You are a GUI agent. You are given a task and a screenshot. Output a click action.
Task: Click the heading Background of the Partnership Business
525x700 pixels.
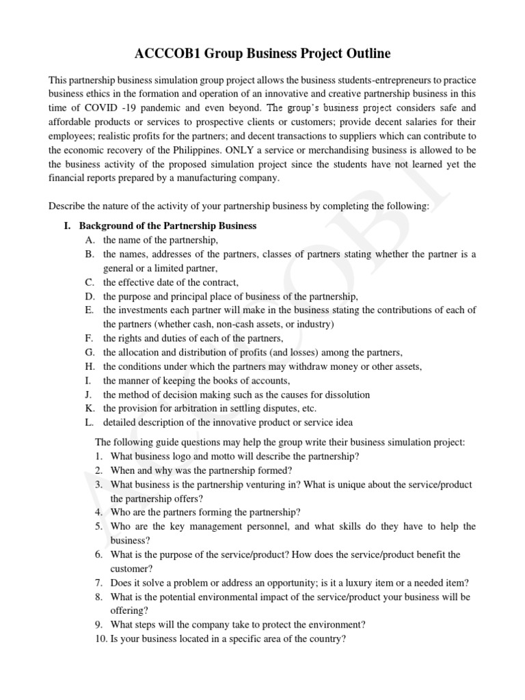pos(167,226)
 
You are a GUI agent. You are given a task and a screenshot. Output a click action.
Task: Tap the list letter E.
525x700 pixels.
pos(89,310)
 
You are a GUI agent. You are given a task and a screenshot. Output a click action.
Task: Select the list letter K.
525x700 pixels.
pos(89,408)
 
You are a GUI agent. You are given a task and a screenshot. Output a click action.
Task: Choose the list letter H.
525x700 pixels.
pos(89,366)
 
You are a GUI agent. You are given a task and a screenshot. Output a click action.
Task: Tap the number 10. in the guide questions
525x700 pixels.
pos(101,639)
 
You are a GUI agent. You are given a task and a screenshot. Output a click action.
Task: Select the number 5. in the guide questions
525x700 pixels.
pos(99,526)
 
